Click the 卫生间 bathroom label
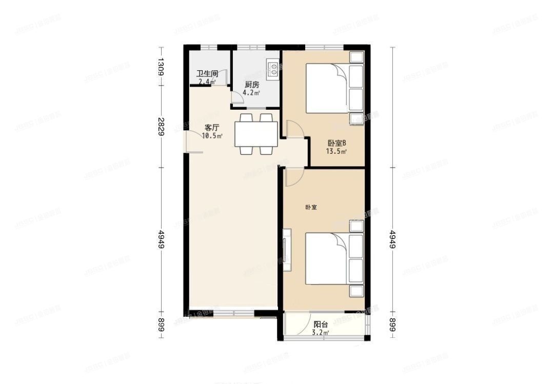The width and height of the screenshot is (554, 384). pyautogui.click(x=207, y=74)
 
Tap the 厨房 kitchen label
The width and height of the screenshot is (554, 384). pyautogui.click(x=251, y=85)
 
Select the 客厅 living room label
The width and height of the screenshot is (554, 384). pyautogui.click(x=212, y=128)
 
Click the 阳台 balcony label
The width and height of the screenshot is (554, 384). pyautogui.click(x=321, y=324)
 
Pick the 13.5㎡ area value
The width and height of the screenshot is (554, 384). pyautogui.click(x=337, y=152)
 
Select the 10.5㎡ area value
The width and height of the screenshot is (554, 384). pyautogui.click(x=212, y=136)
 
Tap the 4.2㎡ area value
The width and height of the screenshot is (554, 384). pyautogui.click(x=251, y=93)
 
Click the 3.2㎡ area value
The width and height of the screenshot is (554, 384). pyautogui.click(x=321, y=332)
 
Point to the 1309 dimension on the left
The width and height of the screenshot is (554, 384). pyautogui.click(x=161, y=67)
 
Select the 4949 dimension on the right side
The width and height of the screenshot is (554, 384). pyautogui.click(x=392, y=239)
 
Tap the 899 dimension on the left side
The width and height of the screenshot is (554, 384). pyautogui.click(x=161, y=325)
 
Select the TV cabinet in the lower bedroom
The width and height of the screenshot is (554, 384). pyautogui.click(x=287, y=249)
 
